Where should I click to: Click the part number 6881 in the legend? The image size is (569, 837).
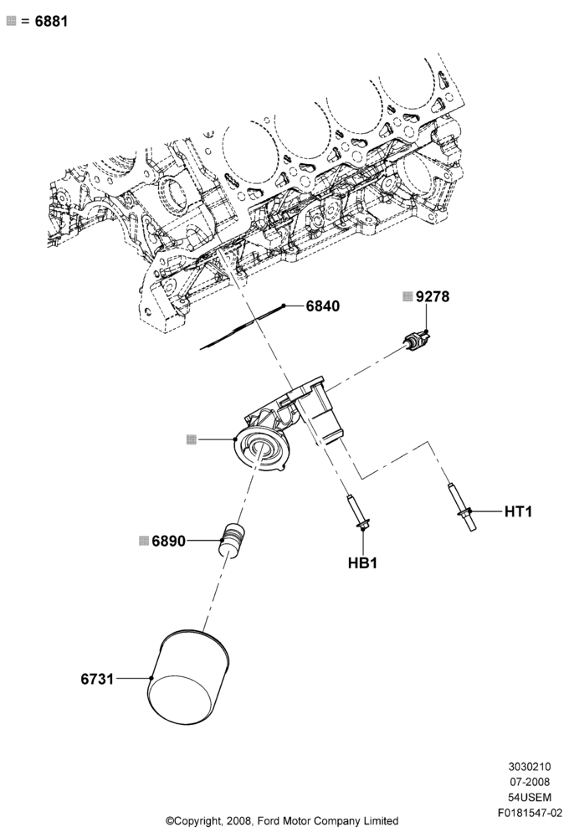[x=51, y=22]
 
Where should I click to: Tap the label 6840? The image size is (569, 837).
[x=322, y=306]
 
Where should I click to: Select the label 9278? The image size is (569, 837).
[x=433, y=296]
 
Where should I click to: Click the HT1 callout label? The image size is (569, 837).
[x=518, y=511]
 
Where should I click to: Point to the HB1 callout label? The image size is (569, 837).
[x=362, y=562]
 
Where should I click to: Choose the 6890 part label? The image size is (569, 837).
[x=169, y=541]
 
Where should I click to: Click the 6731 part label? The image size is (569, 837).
[x=97, y=679]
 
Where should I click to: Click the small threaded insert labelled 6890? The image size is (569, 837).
[x=232, y=540]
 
